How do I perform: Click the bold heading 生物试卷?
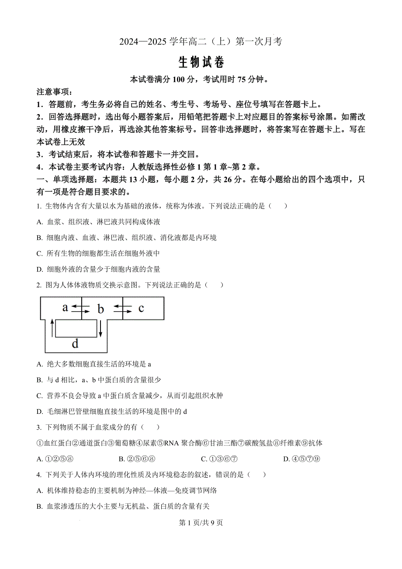tap(201, 62)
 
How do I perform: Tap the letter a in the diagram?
tap(65, 307)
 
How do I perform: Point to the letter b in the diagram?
tap(100, 309)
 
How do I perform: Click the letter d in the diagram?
tap(75, 344)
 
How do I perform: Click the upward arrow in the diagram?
tap(53, 328)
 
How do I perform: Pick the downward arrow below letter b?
tap(100, 328)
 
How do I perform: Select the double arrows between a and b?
tap(81, 309)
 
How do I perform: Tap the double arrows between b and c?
tap(123, 309)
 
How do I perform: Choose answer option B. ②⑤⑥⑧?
tap(137, 459)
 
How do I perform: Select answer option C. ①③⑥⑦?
tap(219, 459)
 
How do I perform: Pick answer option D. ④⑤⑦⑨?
tap(302, 459)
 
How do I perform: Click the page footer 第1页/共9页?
tap(201, 523)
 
